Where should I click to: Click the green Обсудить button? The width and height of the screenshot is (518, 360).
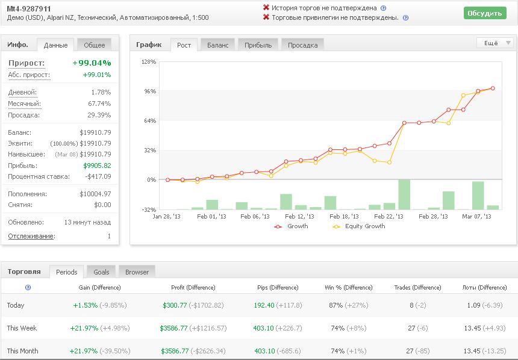tap(485, 13)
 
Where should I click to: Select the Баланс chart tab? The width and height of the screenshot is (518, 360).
tap(217, 45)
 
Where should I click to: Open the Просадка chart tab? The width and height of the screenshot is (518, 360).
tap(302, 45)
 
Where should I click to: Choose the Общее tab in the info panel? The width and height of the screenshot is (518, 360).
tap(94, 45)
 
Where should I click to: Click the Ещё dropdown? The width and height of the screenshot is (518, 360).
tap(495, 43)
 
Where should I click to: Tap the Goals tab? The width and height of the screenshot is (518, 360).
tap(101, 272)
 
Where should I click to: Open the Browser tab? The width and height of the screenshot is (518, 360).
tap(137, 272)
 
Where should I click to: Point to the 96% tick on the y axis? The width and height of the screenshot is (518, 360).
tap(150, 91)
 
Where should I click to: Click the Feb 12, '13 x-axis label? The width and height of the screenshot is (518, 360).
tap(299, 216)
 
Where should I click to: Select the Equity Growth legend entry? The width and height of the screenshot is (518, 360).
tap(359, 226)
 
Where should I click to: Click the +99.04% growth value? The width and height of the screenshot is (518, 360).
tap(92, 63)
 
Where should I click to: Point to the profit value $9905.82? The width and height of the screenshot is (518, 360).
tap(97, 166)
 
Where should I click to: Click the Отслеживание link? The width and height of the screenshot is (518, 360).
tap(32, 236)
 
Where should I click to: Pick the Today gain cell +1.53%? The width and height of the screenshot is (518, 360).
tap(86, 305)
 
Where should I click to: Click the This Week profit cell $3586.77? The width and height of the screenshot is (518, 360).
tap(173, 328)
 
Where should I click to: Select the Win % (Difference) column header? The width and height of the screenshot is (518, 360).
tap(349, 287)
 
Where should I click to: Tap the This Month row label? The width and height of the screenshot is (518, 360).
tap(22, 351)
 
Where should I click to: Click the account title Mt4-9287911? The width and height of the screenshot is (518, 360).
tap(29, 8)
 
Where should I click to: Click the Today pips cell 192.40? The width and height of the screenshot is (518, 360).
tap(264, 305)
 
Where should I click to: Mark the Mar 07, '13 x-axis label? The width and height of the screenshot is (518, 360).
tap(476, 216)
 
